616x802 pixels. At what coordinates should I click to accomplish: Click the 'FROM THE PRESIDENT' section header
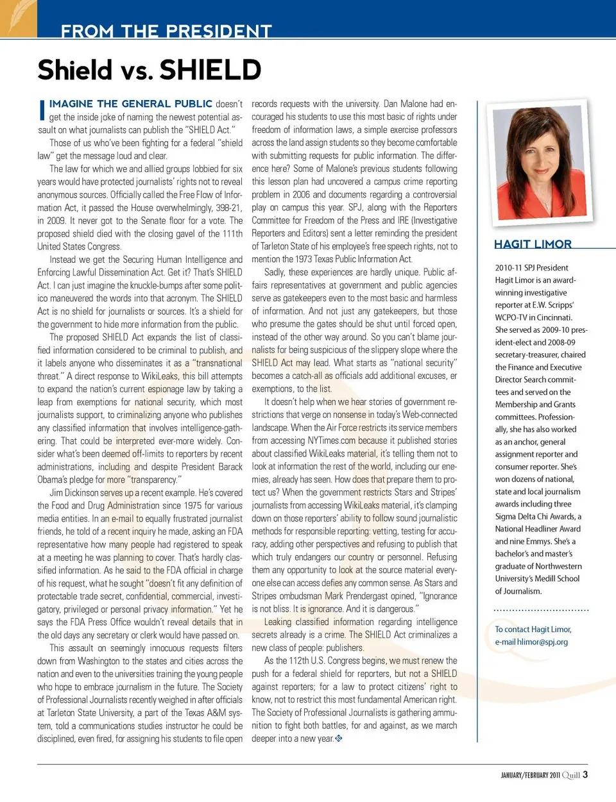pyautogui.click(x=166, y=30)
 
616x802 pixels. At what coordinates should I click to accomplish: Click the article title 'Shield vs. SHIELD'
pyautogui.click(x=150, y=70)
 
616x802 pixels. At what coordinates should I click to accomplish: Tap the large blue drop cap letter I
pyautogui.click(x=42, y=110)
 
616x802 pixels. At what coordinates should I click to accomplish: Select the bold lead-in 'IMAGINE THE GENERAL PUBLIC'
pyautogui.click(x=131, y=104)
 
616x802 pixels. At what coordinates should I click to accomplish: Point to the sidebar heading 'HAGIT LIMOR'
pyautogui.click(x=533, y=244)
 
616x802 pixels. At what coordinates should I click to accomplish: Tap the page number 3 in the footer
pyautogui.click(x=585, y=774)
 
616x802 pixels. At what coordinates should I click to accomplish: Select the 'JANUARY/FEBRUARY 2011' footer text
pyautogui.click(x=530, y=775)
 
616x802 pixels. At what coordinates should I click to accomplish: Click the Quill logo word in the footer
pyautogui.click(x=571, y=775)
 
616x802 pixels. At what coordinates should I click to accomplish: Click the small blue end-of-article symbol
pyautogui.click(x=339, y=739)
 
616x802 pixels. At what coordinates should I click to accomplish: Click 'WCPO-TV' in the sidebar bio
pyautogui.click(x=511, y=317)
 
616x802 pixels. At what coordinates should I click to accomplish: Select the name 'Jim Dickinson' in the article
pyautogui.click(x=74, y=493)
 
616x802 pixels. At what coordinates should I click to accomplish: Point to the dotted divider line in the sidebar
pyautogui.click(x=542, y=610)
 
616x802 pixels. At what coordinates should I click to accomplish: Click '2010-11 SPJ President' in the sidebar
pyautogui.click(x=531, y=268)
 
